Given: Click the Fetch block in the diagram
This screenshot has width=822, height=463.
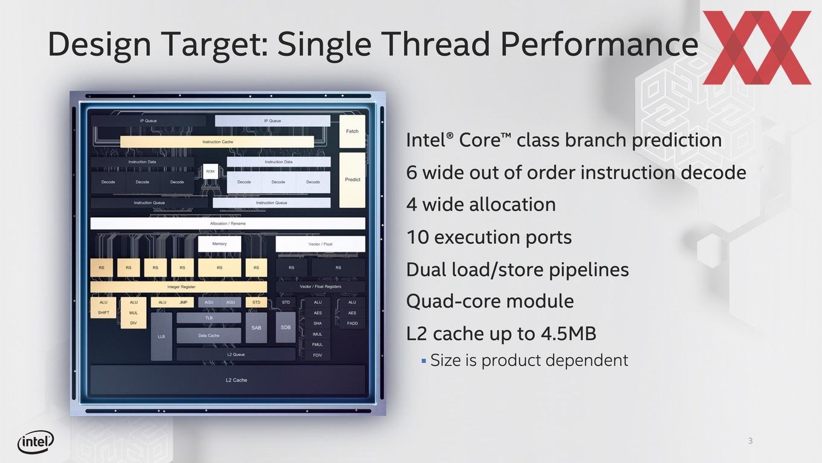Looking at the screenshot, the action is point(352,131).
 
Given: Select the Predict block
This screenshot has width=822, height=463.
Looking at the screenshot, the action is point(352,180).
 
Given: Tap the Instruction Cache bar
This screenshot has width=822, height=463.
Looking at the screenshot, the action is point(217,142).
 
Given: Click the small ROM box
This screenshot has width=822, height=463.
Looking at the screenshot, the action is point(210,172).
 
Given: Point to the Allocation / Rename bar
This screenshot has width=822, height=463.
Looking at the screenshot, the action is point(227,223).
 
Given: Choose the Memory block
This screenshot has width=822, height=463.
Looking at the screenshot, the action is point(219,244).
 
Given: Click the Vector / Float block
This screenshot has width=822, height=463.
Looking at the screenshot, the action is point(320,244).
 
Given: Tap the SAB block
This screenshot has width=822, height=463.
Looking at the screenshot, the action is point(256,328).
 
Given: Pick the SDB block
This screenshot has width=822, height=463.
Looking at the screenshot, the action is point(285,327).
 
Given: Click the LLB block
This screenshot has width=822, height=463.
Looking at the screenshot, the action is point(161,337).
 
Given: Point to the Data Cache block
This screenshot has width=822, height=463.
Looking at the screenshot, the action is point(209,335).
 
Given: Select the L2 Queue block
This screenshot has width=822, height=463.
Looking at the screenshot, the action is point(236,355).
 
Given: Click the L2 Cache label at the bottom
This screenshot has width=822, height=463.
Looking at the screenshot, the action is point(236,380).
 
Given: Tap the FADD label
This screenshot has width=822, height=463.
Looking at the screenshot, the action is point(352,323).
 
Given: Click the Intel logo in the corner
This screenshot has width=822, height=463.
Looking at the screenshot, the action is point(35,442).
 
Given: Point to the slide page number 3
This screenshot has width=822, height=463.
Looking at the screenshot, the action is point(751,441).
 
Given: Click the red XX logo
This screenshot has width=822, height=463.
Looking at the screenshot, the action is point(757,48).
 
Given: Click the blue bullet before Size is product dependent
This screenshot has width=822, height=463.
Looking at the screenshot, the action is point(424,361).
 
